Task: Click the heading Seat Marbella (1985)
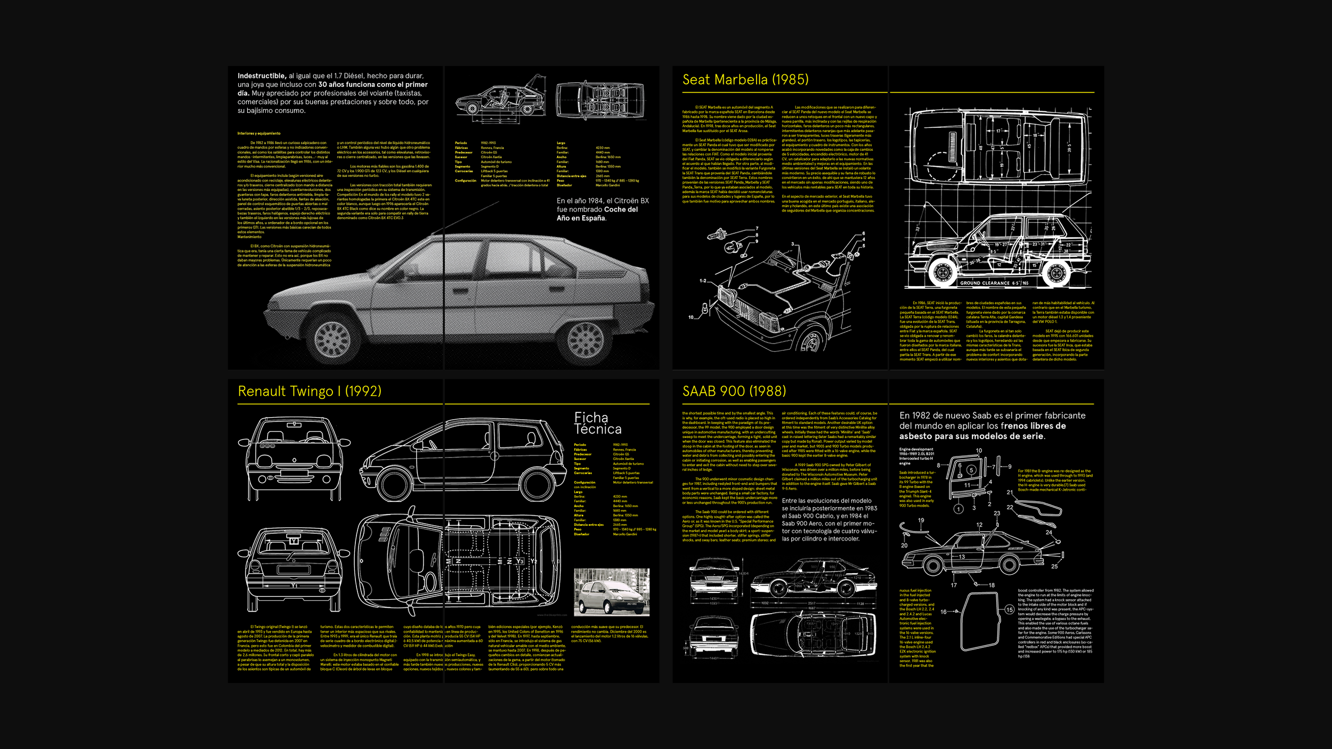tap(745, 80)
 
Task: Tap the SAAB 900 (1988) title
tap(734, 392)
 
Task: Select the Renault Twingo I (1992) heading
tap(309, 392)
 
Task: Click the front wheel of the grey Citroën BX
tap(332, 338)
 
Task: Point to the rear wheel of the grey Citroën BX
tap(586, 340)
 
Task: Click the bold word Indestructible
tap(262, 76)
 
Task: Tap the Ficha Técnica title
tap(597, 424)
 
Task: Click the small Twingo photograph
tap(611, 592)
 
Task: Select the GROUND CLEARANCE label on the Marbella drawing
tap(985, 283)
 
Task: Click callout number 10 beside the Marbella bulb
tap(691, 317)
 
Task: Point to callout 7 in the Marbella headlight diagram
tap(757, 229)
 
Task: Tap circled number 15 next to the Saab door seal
tap(1009, 610)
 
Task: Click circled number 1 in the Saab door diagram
tap(959, 509)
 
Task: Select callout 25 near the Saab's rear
tap(1054, 566)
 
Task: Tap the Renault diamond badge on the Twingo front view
tap(294, 460)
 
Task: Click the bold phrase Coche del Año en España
tap(597, 214)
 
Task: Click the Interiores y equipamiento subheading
tap(259, 134)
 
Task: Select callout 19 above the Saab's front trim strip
tap(921, 520)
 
